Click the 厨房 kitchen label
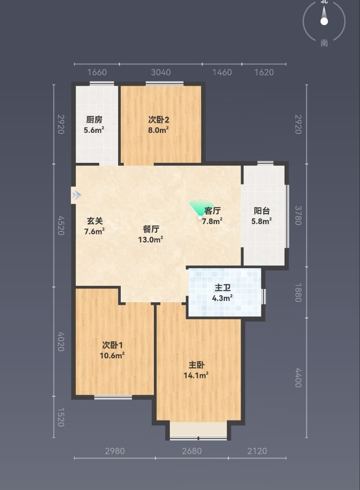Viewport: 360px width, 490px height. pos(94,120)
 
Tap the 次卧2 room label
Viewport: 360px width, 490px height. pos(158,120)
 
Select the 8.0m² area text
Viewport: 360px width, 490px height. pos(158,130)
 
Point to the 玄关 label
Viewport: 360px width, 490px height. pos(94,221)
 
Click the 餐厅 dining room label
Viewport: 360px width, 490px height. pos(151,229)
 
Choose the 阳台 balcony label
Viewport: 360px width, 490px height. pos(262,211)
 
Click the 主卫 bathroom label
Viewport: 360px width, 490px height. pos(222,288)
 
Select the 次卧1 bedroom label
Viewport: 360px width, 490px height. pos(112,345)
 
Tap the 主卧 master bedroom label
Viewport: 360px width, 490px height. pos(196,365)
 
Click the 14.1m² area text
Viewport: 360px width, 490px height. pos(196,375)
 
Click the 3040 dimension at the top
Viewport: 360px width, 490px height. pos(161,72)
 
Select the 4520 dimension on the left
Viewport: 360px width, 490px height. pos(61,225)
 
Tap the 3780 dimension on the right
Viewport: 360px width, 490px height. pos(298,216)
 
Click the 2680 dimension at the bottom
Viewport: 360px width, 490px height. pos(192,451)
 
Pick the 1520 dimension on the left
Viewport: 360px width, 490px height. pos(61,417)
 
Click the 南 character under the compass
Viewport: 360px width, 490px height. pos(324,43)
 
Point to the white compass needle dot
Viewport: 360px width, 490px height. pos(324,21)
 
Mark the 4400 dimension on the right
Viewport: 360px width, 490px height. pos(298,378)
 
